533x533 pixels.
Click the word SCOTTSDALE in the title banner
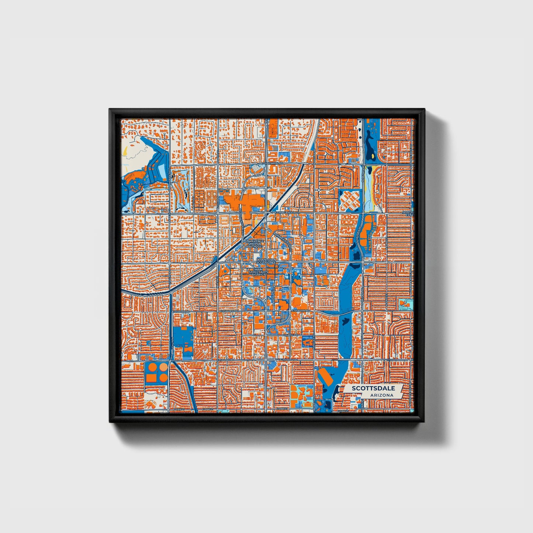coord(373,388)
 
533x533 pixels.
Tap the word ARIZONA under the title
coord(383,395)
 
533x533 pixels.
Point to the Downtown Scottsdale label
coord(266,261)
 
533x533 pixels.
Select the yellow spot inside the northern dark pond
coord(374,156)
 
